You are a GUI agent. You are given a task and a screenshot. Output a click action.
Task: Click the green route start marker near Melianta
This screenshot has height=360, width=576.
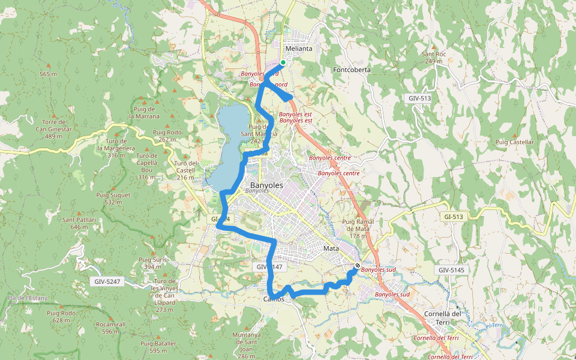coord(283,62)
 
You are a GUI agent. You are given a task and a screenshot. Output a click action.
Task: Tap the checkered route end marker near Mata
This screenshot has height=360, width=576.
coord(358,266)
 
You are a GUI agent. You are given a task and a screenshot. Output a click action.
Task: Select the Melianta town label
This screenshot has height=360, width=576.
coord(299,49)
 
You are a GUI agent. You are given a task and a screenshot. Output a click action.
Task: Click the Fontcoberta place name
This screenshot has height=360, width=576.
coord(352,70)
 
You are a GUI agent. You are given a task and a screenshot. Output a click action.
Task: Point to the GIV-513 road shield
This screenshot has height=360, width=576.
coord(420,97)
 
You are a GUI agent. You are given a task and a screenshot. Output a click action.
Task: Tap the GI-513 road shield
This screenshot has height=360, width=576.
coord(454,216)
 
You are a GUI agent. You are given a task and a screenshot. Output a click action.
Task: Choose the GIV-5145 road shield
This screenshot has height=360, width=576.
coord(452,271)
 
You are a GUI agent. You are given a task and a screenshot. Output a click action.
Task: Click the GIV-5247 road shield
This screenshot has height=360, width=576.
coord(109,281)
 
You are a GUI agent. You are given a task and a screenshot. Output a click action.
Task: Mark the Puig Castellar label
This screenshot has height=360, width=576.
coord(515,142)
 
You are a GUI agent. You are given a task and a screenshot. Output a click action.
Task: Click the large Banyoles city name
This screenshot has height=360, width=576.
coord(266,185)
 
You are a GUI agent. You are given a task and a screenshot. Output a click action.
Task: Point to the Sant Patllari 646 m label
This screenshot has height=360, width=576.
coord(79,223)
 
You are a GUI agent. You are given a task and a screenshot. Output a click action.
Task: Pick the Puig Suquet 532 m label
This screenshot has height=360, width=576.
coord(112,199)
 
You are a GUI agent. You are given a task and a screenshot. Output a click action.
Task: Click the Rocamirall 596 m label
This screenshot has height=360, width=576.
coord(110,328)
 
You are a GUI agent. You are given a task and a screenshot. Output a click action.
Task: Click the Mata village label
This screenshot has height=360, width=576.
coord(331,248)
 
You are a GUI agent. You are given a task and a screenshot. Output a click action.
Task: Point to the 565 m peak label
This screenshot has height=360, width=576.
coord(48,74)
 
